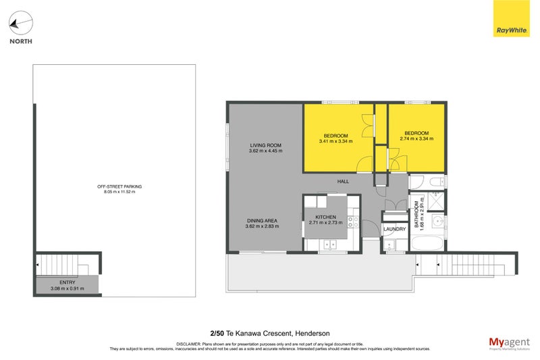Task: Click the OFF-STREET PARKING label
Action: tap(115, 186)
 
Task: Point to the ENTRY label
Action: tap(66, 284)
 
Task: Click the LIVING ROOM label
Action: tap(265, 146)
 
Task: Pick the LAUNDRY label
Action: tap(394, 229)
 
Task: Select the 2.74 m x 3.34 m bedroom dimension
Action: tap(416, 138)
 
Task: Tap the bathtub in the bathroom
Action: tap(427, 243)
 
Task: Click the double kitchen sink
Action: tap(329, 245)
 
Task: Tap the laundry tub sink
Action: tap(390, 245)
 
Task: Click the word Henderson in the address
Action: tap(313, 333)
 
